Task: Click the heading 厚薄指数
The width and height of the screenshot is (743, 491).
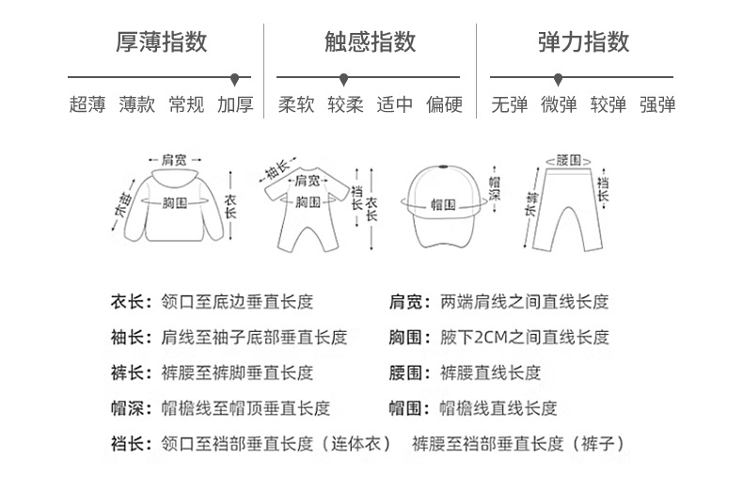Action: point(161,41)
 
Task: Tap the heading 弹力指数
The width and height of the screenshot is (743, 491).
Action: point(583,41)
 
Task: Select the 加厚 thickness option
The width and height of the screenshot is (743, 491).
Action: point(235,104)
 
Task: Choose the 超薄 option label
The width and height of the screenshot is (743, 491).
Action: point(87,104)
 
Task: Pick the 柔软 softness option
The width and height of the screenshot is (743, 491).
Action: point(296,104)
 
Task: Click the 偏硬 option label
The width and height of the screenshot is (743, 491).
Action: point(444,104)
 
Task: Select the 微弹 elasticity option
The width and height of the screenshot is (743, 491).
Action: point(559,104)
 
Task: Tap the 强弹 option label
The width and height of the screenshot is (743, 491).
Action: point(657,104)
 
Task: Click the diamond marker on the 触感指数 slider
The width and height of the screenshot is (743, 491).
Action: point(344,78)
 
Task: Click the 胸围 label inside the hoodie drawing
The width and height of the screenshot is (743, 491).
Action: point(174,203)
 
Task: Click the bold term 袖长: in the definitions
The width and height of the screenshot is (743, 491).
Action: point(128,337)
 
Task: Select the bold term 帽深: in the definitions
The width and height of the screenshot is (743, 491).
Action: point(128,408)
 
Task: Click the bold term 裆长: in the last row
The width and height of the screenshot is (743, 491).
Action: point(128,443)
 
